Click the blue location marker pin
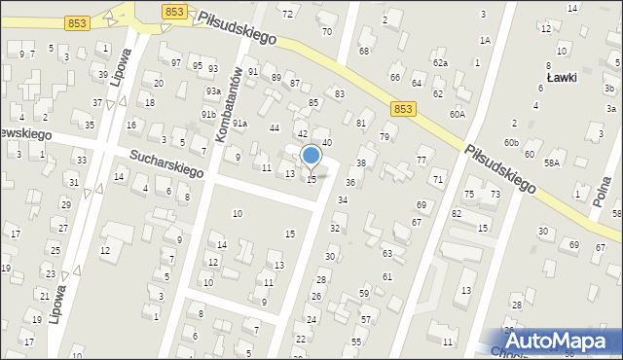[311, 156]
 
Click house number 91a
[238, 124]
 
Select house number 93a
[212, 90]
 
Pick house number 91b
[208, 114]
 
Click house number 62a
[441, 62]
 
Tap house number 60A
[458, 114]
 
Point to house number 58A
[552, 163]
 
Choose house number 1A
[484, 40]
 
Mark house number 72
[286, 14]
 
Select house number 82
[456, 212]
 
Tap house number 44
[275, 128]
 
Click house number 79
[385, 136]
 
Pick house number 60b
[511, 143]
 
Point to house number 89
[276, 77]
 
